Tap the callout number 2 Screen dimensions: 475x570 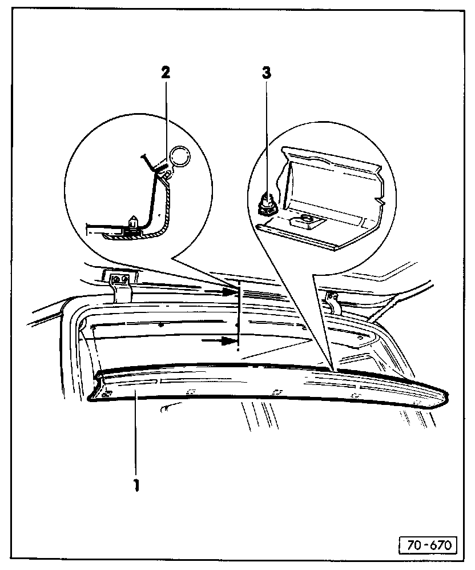(166, 72)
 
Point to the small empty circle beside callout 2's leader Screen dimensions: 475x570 (181, 155)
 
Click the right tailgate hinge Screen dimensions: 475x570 (332, 302)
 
